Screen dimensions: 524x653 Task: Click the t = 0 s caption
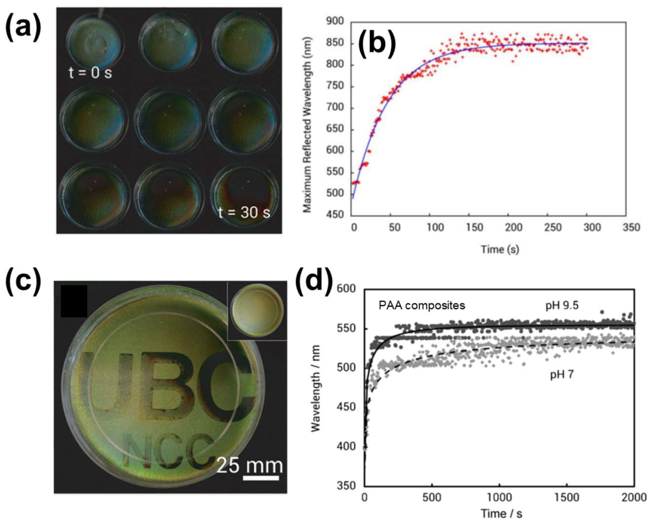(90, 73)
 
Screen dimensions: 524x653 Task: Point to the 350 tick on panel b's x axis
(631, 227)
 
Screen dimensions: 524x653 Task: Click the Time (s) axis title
(500, 249)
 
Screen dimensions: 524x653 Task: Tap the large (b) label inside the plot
(377, 45)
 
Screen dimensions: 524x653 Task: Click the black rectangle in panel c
(74, 301)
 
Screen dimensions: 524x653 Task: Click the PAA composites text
(422, 305)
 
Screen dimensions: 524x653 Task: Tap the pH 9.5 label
(562, 305)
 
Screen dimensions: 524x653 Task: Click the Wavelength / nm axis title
(316, 388)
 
